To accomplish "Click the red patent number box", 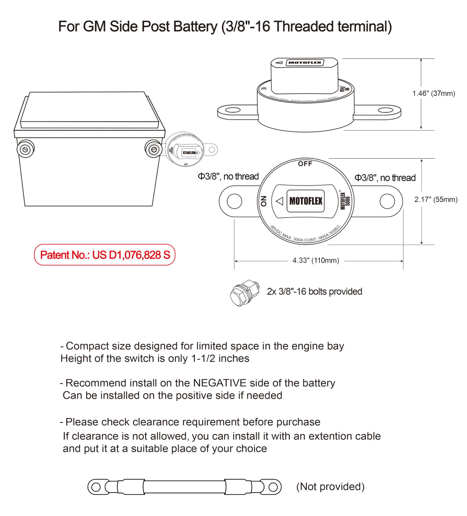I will [x=105, y=255].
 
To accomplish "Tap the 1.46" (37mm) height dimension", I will [x=434, y=93].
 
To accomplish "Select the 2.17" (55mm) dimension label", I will [x=435, y=200].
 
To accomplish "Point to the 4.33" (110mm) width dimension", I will [x=316, y=260].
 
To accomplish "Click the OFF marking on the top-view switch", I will [x=305, y=164].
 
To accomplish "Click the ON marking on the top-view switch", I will [x=263, y=201].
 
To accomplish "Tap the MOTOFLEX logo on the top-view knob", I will [x=305, y=201].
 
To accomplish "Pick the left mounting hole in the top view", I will [x=234, y=201].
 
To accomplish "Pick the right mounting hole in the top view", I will [x=387, y=201].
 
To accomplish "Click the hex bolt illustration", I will [x=244, y=293].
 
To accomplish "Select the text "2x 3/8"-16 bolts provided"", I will [x=314, y=291].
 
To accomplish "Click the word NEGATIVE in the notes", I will [x=220, y=383].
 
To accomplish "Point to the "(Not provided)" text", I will [x=330, y=486].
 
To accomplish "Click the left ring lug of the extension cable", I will [x=95, y=487].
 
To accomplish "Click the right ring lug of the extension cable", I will [x=274, y=487].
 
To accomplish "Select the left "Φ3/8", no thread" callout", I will [x=228, y=176].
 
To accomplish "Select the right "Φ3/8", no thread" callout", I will [x=385, y=178].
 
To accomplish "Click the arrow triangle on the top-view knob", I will [x=279, y=201].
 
